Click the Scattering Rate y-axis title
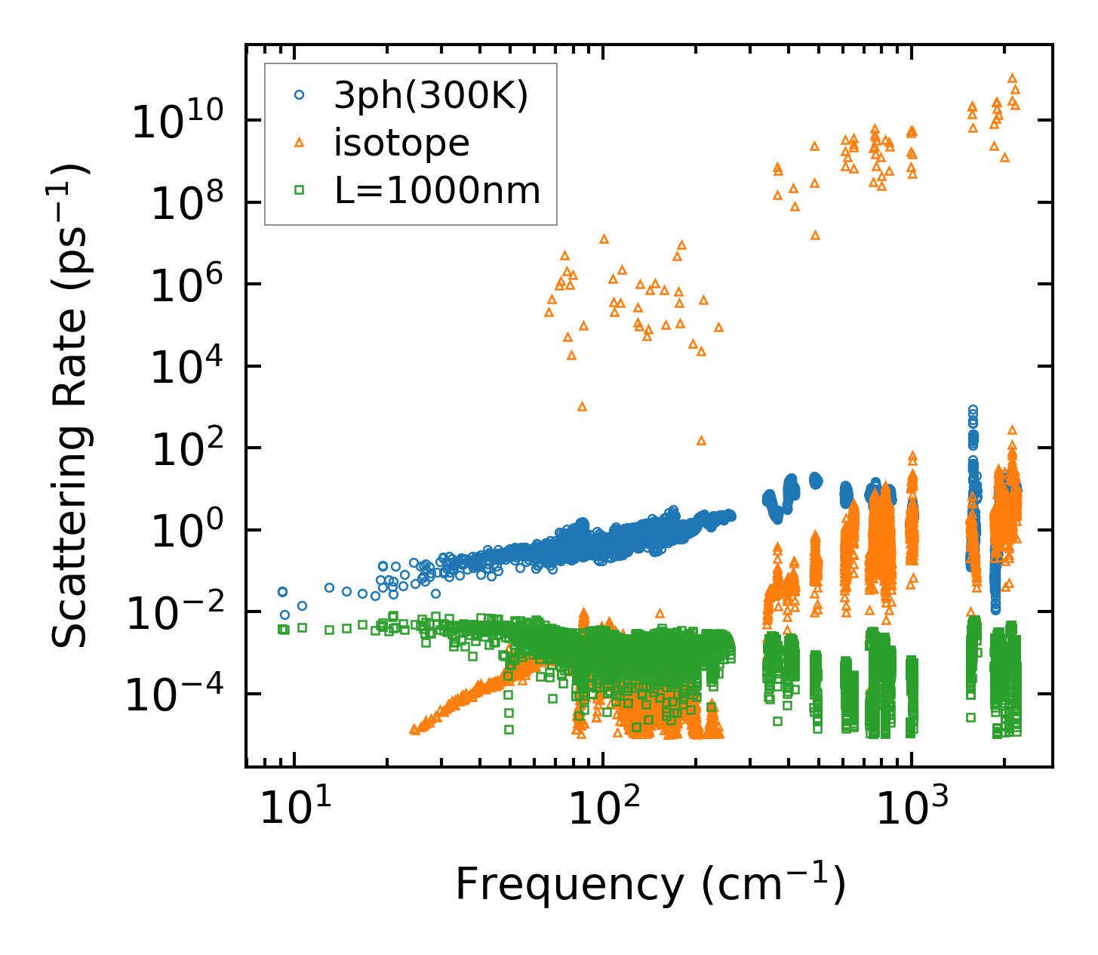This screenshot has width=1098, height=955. pyautogui.click(x=71, y=405)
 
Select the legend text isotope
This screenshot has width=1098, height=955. pyautogui.click(x=401, y=143)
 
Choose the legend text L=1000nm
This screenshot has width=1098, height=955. pyautogui.click(x=438, y=191)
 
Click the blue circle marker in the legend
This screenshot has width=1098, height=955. pyautogui.click(x=300, y=95)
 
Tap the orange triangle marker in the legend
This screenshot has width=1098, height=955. pyautogui.click(x=300, y=143)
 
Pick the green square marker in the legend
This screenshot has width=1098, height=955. pyautogui.click(x=300, y=191)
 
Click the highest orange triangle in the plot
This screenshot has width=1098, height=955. pyautogui.click(x=1012, y=78)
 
